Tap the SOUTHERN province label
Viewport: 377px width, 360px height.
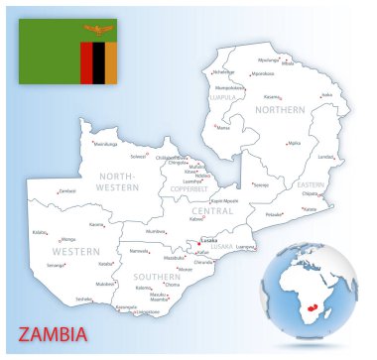156,276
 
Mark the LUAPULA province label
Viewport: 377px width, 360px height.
223,98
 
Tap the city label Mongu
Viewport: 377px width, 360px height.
67,239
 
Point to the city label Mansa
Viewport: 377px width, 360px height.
223,127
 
